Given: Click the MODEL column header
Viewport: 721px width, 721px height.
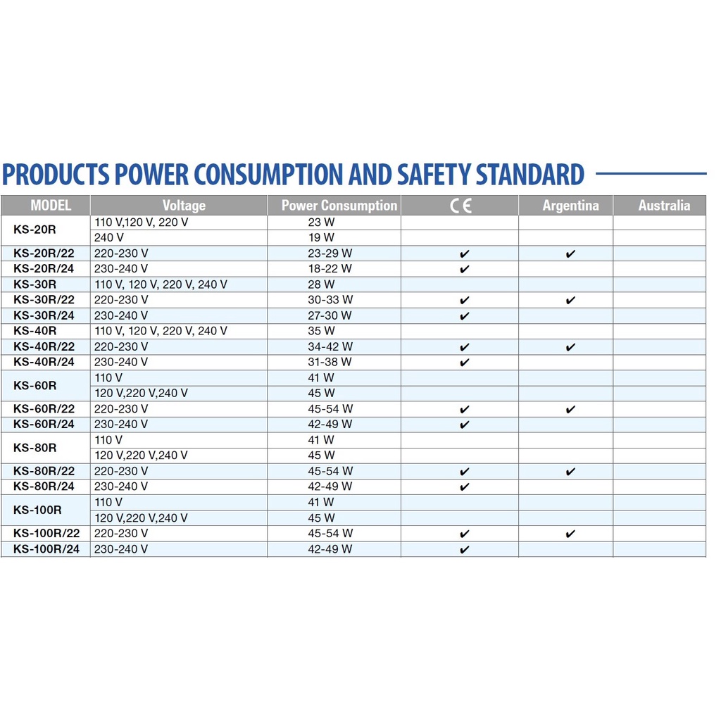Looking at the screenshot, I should click(51, 206).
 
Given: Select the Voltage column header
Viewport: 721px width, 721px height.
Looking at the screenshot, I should click(184, 206).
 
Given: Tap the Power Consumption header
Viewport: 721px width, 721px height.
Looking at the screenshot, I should click(339, 206).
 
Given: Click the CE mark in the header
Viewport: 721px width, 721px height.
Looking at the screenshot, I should click(461, 206).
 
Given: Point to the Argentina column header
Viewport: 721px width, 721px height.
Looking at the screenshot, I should click(570, 206).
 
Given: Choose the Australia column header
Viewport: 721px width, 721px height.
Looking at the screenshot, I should click(664, 206).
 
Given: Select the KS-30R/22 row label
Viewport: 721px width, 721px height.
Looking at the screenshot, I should click(44, 300).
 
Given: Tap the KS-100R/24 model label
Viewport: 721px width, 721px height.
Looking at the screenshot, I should click(46, 549).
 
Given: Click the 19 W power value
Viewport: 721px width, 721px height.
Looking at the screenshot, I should click(320, 238).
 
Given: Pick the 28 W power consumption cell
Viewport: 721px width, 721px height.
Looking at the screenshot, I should click(320, 284).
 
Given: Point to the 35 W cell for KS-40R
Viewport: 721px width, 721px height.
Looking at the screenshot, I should click(320, 331).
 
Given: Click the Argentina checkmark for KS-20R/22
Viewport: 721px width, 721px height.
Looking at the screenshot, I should click(570, 254).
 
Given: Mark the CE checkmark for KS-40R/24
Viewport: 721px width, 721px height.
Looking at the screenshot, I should click(464, 363).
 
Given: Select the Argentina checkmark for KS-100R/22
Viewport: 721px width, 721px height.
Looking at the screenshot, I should click(570, 534).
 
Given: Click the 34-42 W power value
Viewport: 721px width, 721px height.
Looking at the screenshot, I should click(330, 346).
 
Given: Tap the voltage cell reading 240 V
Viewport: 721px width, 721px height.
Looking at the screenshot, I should click(109, 238).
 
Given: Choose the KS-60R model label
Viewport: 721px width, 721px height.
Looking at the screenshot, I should click(35, 385).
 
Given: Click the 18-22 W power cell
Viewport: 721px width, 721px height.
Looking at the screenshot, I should click(330, 269).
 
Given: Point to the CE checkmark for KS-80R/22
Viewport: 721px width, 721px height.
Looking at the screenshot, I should click(464, 472).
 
